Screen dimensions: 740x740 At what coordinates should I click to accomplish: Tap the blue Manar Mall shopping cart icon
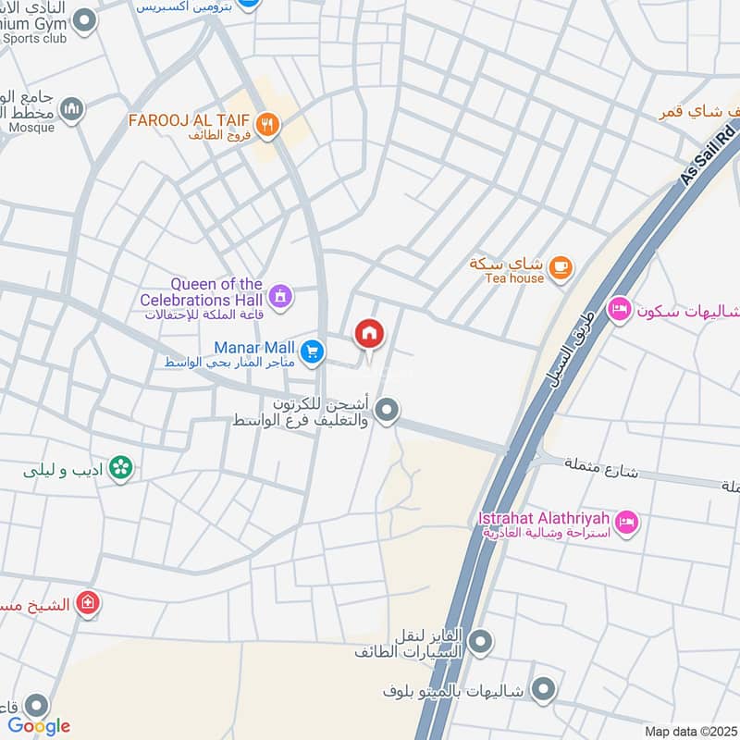tap(313, 351)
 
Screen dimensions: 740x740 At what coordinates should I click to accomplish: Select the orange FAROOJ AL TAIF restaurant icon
tap(267, 125)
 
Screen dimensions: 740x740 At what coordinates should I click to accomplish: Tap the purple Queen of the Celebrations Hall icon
tap(280, 296)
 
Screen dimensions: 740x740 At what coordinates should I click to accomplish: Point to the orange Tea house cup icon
tap(560, 268)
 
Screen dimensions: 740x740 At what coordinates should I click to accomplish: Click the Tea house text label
tap(514, 278)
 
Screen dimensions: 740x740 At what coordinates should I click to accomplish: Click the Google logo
tap(40, 726)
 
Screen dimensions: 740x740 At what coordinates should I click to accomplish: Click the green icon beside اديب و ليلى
tap(119, 469)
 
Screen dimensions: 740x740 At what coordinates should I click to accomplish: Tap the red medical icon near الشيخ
tap(88, 603)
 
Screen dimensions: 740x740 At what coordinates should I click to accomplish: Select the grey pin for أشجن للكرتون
tap(387, 409)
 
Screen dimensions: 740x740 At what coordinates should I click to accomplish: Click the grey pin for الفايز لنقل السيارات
tap(480, 640)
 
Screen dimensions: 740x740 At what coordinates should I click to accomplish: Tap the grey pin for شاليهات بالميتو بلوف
tap(545, 689)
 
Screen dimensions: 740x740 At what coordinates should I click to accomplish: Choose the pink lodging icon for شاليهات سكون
tap(619, 309)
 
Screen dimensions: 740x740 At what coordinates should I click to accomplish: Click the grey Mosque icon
tap(72, 111)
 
